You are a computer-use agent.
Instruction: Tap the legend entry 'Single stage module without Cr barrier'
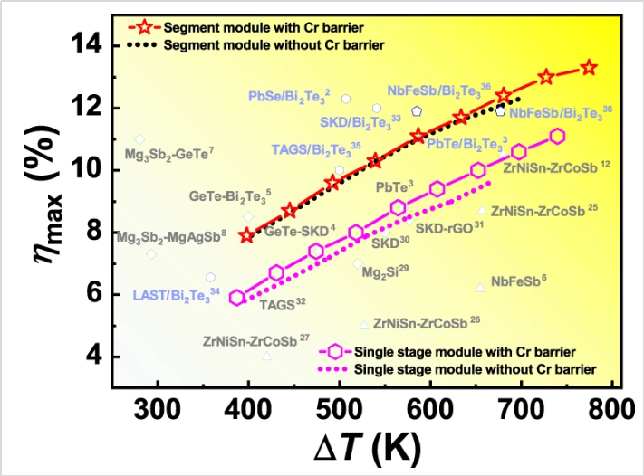click(x=475, y=369)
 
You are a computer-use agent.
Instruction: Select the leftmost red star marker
click(x=246, y=235)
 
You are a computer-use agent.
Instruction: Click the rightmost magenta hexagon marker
click(x=557, y=136)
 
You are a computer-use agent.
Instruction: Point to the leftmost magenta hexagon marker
click(x=237, y=297)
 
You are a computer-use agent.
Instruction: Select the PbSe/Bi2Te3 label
click(x=289, y=94)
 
